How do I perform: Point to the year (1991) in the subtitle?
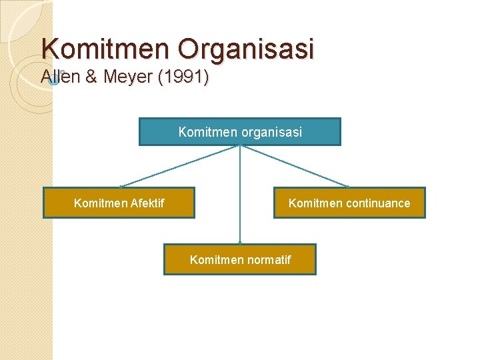coord(183,78)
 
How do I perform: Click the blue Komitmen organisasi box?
coord(239,132)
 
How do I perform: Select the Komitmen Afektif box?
coord(119,203)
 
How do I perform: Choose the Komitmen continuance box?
coord(349,203)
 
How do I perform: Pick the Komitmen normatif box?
coord(240,259)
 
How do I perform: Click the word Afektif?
coord(147,203)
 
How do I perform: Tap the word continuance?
coord(377,203)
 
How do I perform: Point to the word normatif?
coord(269,260)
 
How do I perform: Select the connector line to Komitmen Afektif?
coord(180,166)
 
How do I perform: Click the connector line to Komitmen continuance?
coord(294,166)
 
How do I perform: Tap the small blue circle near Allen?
coord(55,81)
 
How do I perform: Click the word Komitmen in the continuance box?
coord(313,203)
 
